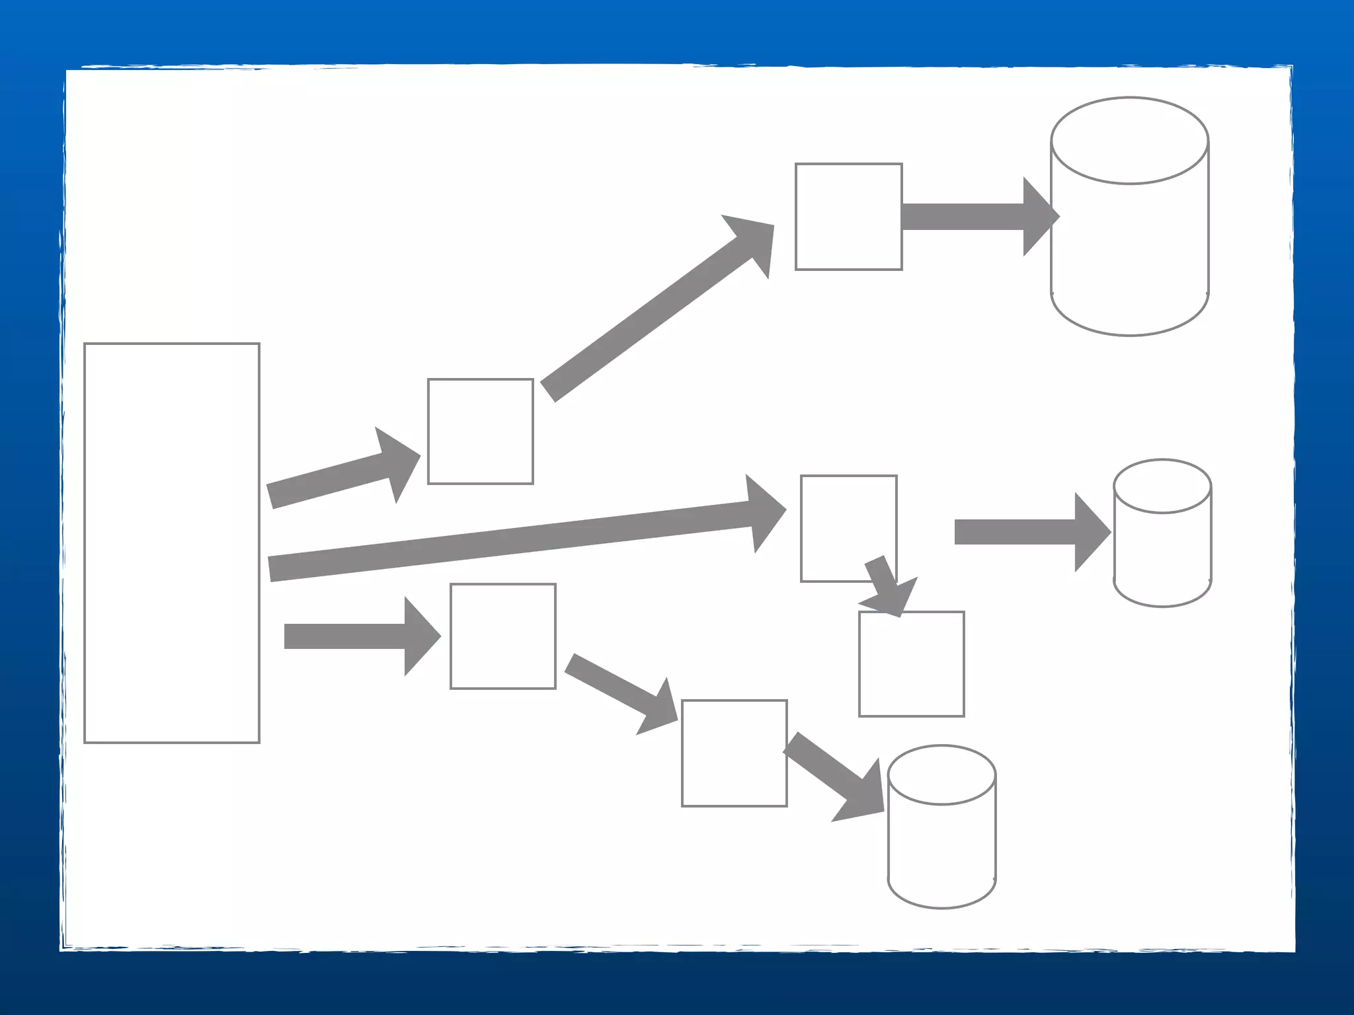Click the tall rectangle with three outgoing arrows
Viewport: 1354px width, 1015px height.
coord(172,543)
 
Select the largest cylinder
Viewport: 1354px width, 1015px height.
coord(1129,238)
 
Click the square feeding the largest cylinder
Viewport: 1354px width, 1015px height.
coord(848,217)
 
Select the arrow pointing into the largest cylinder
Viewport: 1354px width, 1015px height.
coord(978,217)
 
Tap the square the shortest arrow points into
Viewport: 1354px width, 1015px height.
coord(911,664)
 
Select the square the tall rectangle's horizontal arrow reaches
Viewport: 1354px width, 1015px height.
coord(502,636)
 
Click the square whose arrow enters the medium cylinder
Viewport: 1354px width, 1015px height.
coord(734,753)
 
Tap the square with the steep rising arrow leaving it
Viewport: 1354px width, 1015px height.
coord(480,432)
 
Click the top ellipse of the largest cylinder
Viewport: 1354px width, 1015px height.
coord(1129,141)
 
